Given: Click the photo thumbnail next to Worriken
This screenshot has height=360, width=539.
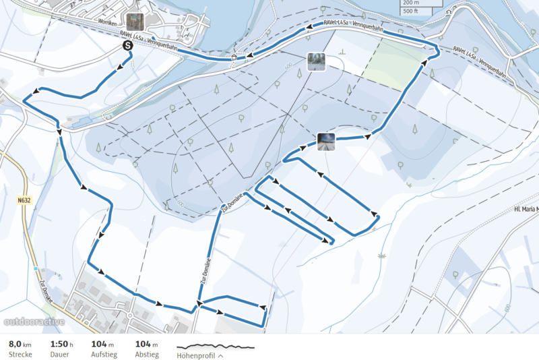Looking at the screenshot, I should click(x=134, y=22).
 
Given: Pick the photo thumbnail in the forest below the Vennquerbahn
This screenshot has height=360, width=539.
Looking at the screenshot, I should click(x=316, y=61).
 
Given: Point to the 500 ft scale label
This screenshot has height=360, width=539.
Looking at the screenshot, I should click(x=410, y=11).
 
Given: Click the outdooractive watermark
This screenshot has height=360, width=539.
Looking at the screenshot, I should click(x=34, y=322).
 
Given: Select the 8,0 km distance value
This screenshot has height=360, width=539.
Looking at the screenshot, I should click(x=20, y=344).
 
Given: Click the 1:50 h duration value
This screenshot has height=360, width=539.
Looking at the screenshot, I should click(x=61, y=344).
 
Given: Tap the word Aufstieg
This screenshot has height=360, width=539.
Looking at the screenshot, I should click(x=105, y=355).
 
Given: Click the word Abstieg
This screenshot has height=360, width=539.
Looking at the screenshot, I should click(x=147, y=355).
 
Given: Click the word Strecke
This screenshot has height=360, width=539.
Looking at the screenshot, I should click(x=20, y=355).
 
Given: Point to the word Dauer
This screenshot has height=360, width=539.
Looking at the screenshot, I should click(x=59, y=355).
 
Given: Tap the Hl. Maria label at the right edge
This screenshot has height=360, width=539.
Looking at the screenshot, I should click(x=526, y=210).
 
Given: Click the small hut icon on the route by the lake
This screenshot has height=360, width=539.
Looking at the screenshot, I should click(x=234, y=57).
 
